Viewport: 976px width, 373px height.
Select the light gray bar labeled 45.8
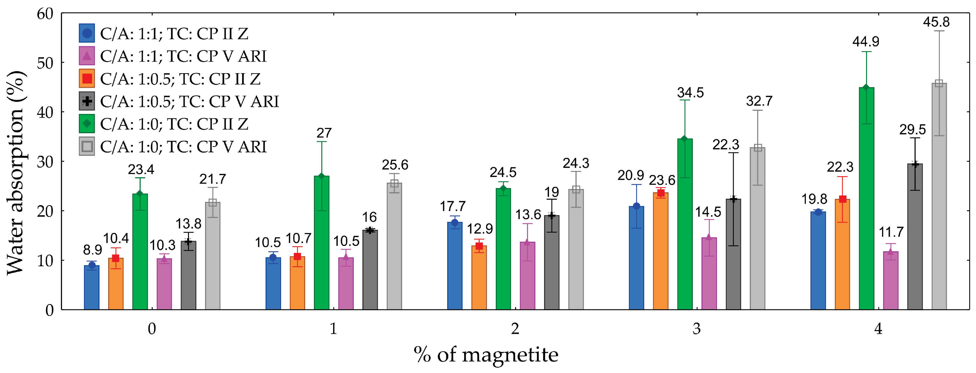pos(939,197)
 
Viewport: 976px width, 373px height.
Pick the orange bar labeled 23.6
pos(661,252)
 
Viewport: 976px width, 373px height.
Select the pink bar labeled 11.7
pos(890,280)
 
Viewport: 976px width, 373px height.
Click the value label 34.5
pos(690,93)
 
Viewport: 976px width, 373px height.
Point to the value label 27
pos(324,133)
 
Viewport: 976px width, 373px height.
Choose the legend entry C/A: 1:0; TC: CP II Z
pos(174,124)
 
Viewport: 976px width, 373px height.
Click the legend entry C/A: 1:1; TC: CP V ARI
pos(183,56)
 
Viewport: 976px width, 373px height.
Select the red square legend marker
pos(87,79)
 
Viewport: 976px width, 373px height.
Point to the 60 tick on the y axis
pos(45,14)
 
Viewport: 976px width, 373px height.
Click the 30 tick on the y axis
pos(45,162)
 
